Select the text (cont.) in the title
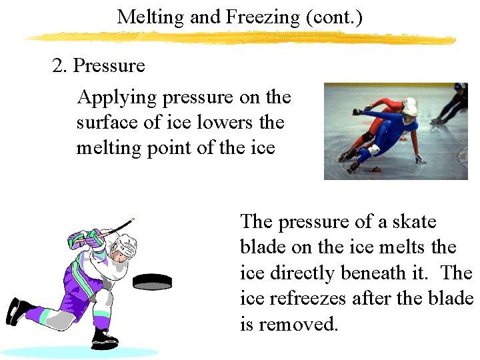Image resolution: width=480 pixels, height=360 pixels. (x=334, y=17)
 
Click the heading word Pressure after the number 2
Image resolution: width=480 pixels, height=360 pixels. (x=109, y=66)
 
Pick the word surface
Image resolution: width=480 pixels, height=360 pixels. (x=104, y=123)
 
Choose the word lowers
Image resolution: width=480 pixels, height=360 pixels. (x=215, y=123)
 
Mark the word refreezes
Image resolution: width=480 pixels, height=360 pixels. (x=313, y=298)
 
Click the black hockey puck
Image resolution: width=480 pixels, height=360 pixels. (x=152, y=281)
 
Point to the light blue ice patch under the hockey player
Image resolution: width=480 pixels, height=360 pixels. (x=80, y=351)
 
